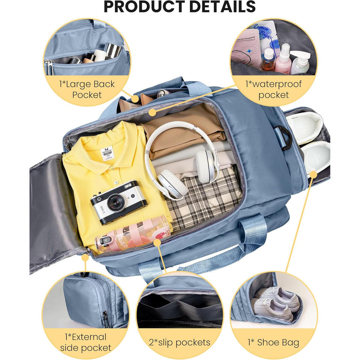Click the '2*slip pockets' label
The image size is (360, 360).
(180, 342)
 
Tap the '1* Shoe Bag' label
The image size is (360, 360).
(273, 342)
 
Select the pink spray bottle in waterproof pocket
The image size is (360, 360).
(283, 60)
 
